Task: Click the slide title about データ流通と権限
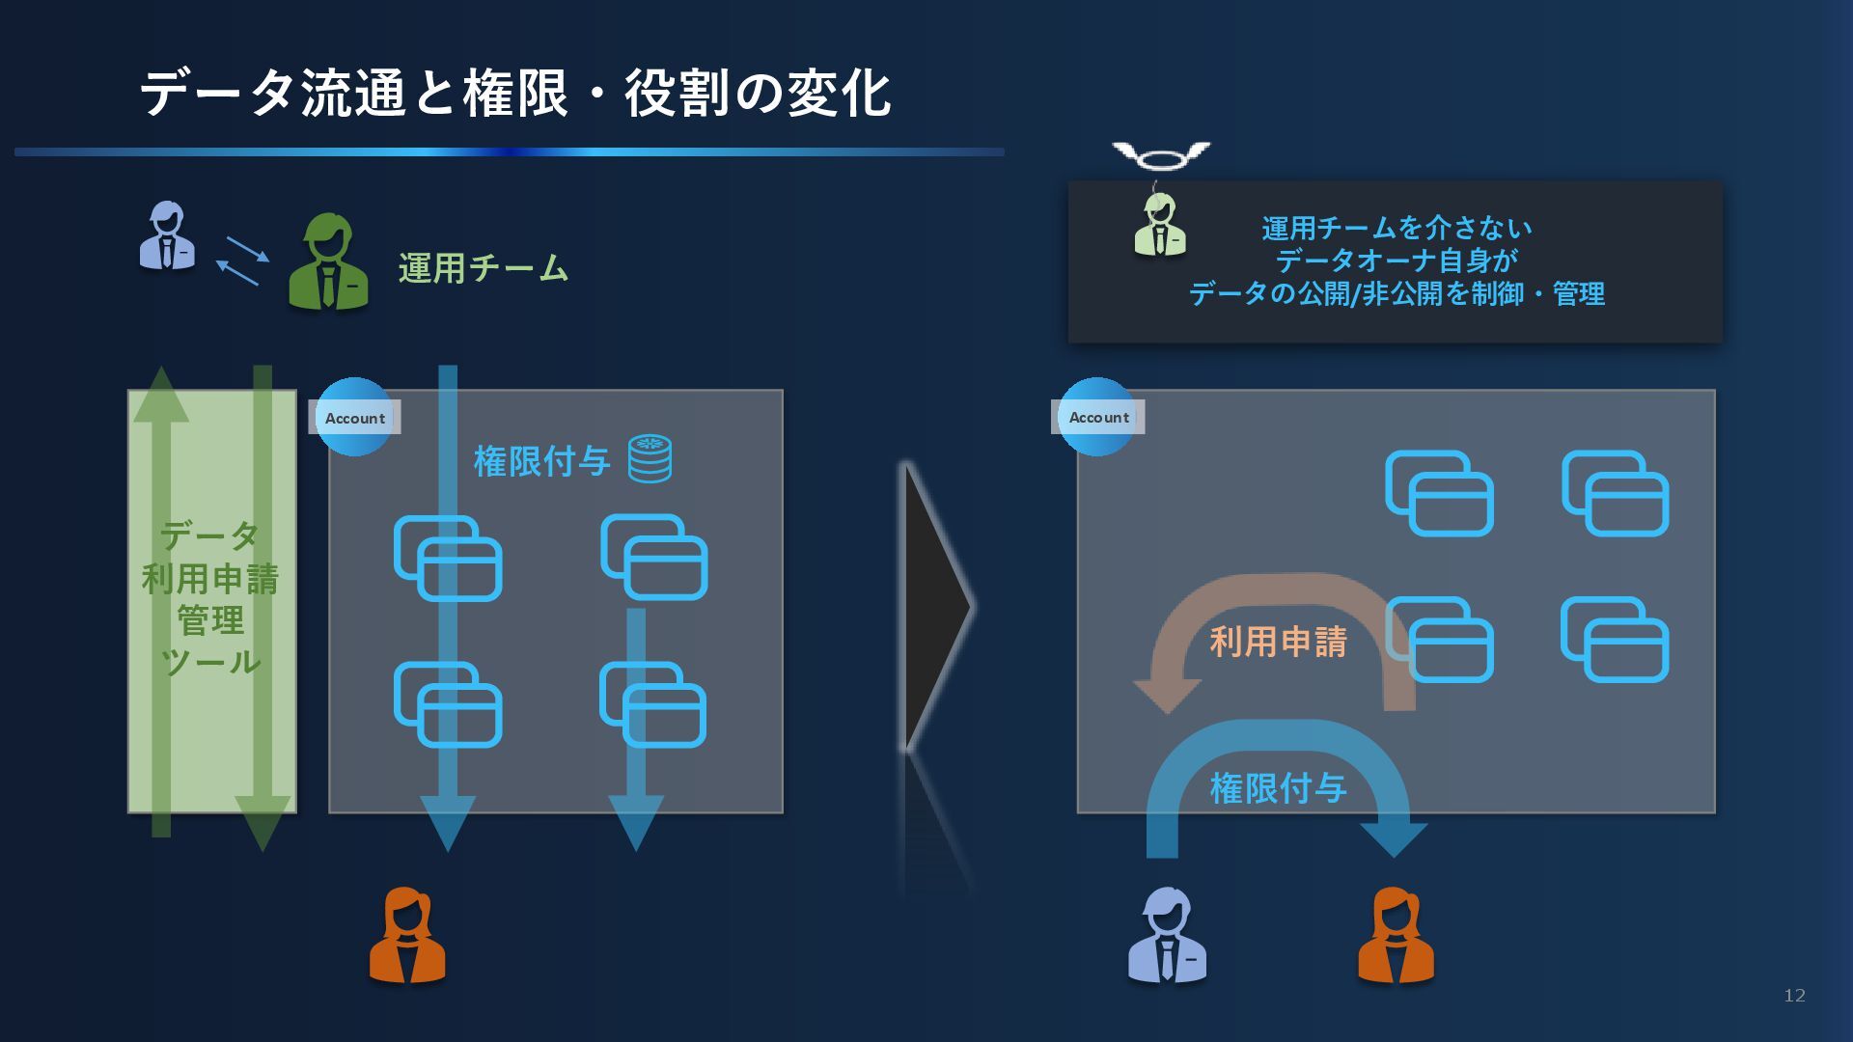click(515, 94)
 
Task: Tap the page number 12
click(1794, 995)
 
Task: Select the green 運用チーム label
click(483, 267)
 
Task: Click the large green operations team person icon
click(328, 261)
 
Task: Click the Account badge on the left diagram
click(354, 418)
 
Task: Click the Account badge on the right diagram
click(1098, 417)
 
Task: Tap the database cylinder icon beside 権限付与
click(650, 458)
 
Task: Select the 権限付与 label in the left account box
click(541, 461)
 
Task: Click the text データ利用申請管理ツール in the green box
click(210, 598)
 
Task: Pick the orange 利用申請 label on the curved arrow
click(1278, 642)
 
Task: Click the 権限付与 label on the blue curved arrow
click(1278, 788)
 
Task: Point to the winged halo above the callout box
click(1161, 154)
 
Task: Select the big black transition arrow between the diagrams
click(934, 606)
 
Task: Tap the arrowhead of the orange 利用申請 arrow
click(1168, 694)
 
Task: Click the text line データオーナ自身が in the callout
click(1397, 260)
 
